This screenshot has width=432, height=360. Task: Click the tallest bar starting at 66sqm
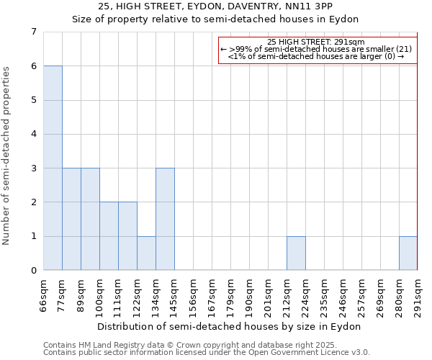(x=53, y=168)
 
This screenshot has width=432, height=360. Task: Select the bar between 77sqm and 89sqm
(x=71, y=219)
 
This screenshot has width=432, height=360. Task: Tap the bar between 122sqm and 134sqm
(x=146, y=253)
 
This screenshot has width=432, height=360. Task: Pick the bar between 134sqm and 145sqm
(x=165, y=219)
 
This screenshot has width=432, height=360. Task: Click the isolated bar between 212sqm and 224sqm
(x=296, y=253)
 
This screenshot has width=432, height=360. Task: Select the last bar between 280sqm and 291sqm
(x=408, y=253)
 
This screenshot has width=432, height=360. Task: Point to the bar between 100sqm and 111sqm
(x=109, y=236)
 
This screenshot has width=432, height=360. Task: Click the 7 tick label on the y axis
(x=33, y=32)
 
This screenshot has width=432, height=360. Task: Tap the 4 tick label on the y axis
(x=33, y=134)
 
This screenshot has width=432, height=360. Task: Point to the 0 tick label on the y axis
(x=33, y=271)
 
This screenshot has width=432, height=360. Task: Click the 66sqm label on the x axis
(x=44, y=295)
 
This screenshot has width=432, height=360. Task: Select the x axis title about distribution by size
(x=230, y=326)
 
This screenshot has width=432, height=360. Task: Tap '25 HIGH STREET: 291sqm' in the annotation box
(x=316, y=42)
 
